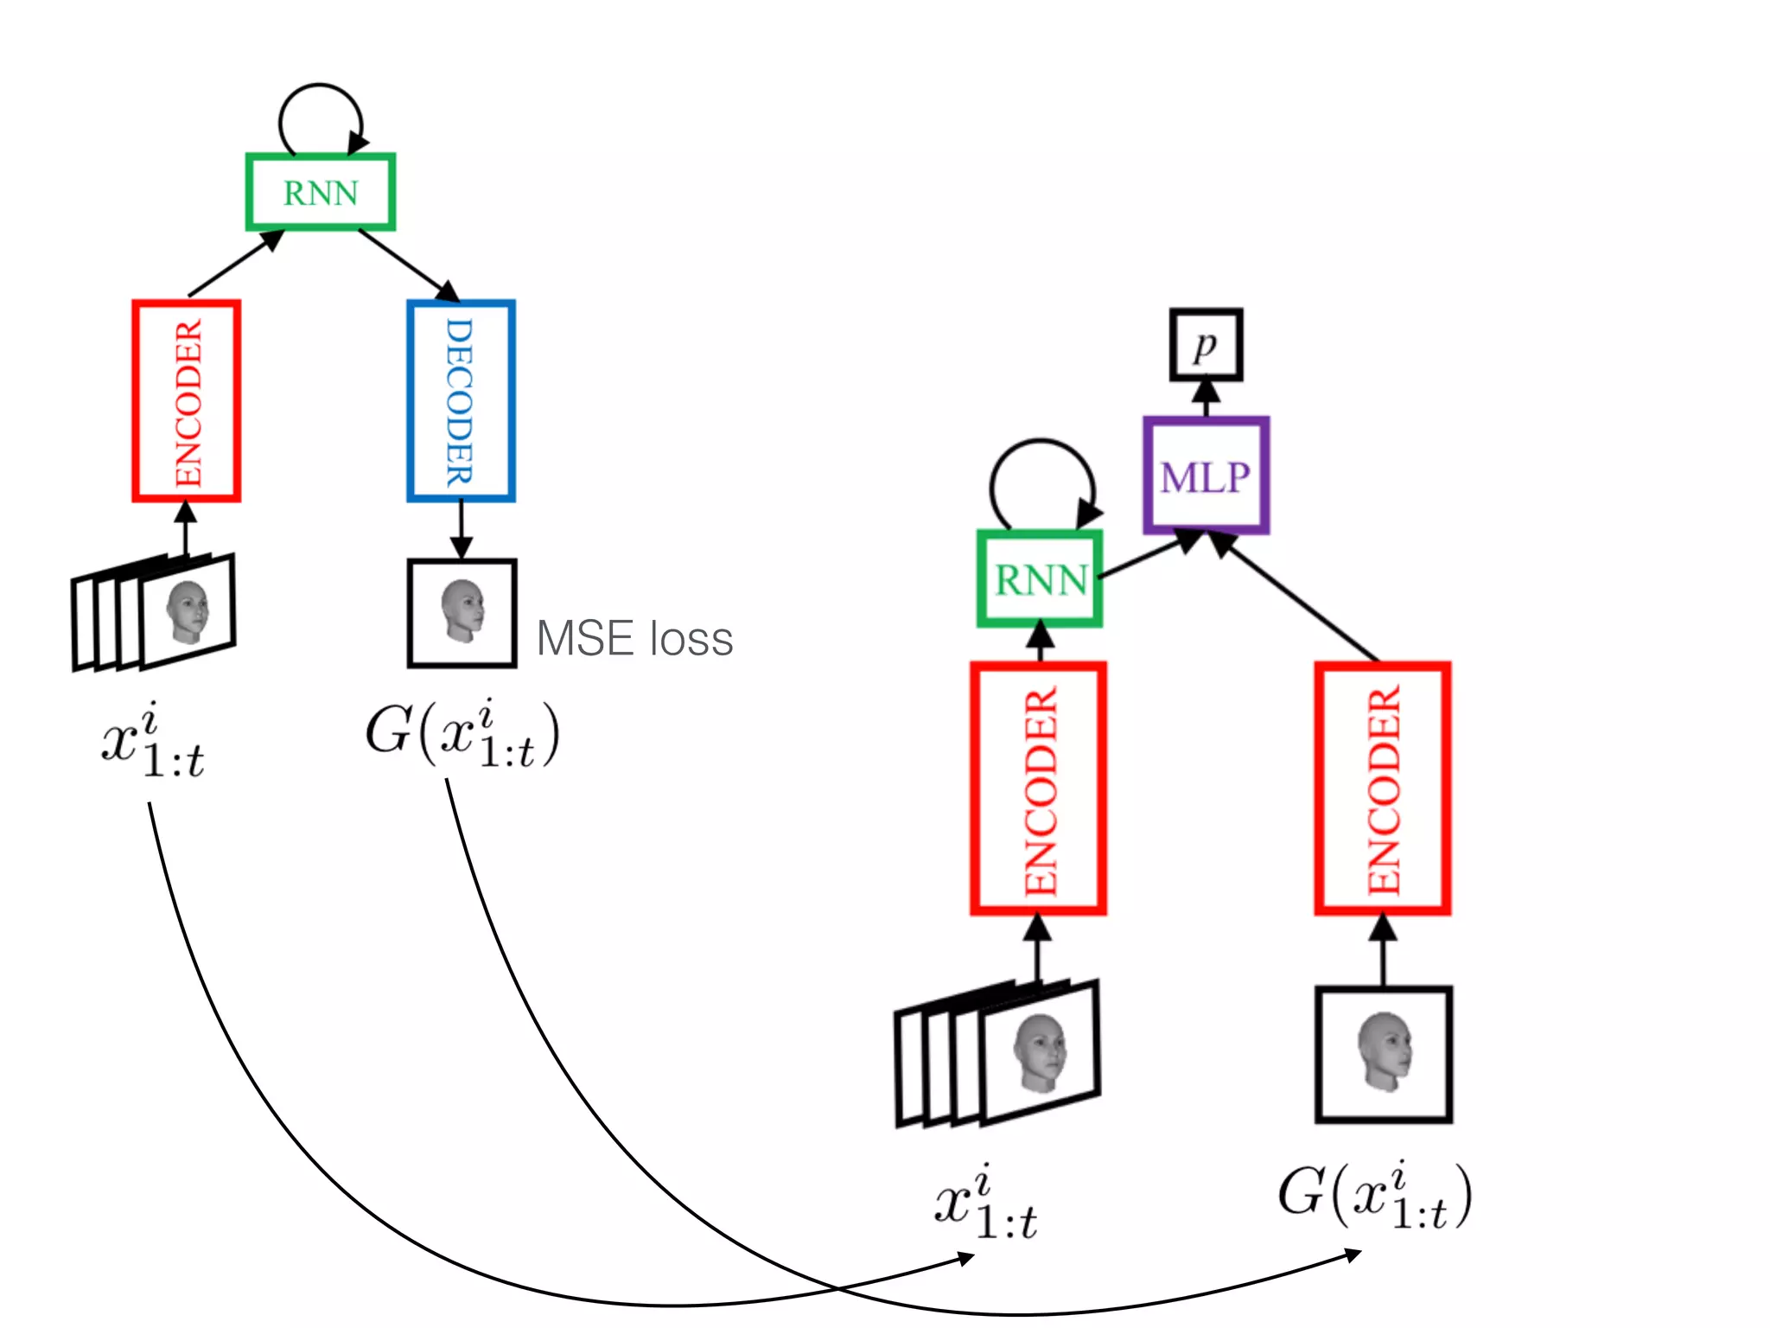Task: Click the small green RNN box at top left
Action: (x=321, y=192)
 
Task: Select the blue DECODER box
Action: (x=461, y=401)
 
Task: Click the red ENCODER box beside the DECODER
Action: (x=186, y=401)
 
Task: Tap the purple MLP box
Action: (x=1206, y=476)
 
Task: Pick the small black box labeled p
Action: (x=1206, y=345)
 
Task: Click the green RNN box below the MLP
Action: (x=1040, y=578)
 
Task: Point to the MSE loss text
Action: (x=634, y=639)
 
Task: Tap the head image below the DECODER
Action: (x=462, y=612)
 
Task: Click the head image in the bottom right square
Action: (x=1383, y=1053)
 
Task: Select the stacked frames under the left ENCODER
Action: (x=154, y=612)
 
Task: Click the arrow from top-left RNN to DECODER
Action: (x=406, y=264)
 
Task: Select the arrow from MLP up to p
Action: (x=1206, y=399)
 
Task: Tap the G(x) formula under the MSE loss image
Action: (x=462, y=735)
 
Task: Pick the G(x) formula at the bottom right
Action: (x=1374, y=1197)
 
